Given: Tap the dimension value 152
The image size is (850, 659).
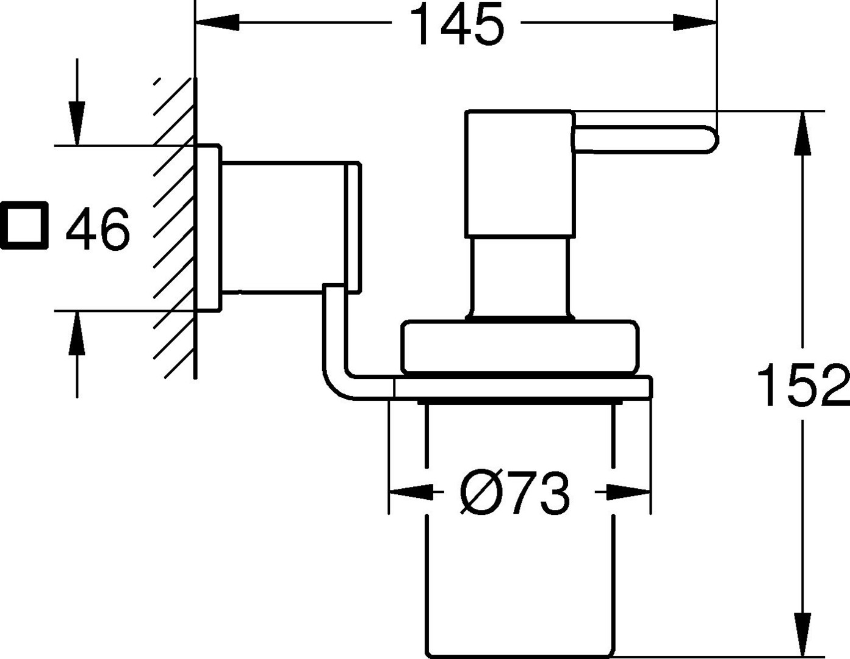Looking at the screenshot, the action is [x=803, y=384].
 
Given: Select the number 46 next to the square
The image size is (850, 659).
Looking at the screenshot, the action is [x=98, y=229].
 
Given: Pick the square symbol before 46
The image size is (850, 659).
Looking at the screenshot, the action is [x=24, y=225].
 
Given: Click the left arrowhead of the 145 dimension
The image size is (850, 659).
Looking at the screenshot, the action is [x=217, y=23].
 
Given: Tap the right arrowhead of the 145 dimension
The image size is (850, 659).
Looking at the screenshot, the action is [x=695, y=23].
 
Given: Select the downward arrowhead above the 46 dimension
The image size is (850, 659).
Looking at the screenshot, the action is [x=77, y=124].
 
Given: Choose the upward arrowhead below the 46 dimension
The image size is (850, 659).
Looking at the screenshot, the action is [x=77, y=333].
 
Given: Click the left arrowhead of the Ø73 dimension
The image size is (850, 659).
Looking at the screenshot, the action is [x=411, y=492].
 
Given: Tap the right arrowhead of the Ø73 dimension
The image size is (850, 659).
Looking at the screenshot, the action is [x=628, y=492].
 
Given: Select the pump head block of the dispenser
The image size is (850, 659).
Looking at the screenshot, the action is [x=520, y=174].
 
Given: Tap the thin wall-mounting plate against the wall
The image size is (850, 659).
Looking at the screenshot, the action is [x=209, y=228].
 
